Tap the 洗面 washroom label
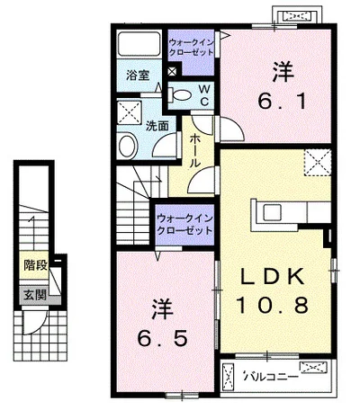click(x=157, y=126)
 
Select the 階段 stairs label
click(x=34, y=266)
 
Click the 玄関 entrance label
click(x=35, y=294)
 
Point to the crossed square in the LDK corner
click(x=317, y=163)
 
